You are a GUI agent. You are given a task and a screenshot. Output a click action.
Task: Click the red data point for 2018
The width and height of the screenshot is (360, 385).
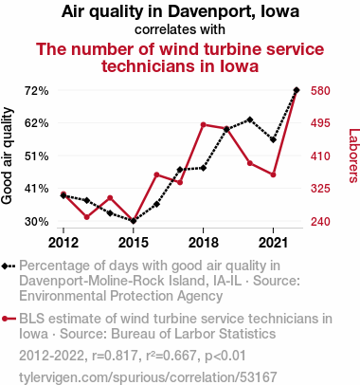[204, 125]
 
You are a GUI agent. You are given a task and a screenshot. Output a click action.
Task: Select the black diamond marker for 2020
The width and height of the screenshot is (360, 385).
[250, 119]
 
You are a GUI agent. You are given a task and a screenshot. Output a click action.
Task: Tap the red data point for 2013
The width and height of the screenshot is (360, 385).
[87, 217]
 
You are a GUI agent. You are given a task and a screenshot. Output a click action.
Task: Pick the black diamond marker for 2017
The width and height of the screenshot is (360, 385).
[180, 170]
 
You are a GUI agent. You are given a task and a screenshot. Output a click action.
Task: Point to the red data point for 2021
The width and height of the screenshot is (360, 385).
[273, 174]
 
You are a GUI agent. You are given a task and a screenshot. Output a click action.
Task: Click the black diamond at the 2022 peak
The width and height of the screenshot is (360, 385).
[297, 90]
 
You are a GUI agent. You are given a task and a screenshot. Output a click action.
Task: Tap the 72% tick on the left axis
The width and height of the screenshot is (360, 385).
[37, 91]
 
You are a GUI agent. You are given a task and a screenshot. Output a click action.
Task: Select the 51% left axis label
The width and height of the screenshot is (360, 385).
[37, 156]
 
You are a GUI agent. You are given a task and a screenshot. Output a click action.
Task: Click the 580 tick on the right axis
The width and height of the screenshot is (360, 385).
[320, 91]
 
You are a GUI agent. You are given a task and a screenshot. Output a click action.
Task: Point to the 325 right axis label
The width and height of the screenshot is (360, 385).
[320, 189]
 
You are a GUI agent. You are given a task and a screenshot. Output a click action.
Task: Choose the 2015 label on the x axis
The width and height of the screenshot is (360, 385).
[134, 243]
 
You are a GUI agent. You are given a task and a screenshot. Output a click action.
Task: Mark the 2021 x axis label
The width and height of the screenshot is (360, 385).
[273, 243]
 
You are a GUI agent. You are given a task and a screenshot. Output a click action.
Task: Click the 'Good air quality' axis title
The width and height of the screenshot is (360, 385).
[7, 156]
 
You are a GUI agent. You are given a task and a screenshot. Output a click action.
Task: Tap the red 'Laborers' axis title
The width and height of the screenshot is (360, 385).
[353, 156]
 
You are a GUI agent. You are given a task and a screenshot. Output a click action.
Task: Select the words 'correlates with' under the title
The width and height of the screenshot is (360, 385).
[180, 29]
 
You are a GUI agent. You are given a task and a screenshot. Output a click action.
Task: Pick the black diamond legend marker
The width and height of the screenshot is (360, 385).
[5, 266]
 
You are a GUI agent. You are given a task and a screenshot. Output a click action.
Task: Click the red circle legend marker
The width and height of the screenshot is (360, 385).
[5, 319]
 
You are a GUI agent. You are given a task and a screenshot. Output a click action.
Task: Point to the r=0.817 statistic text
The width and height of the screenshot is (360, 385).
[115, 356]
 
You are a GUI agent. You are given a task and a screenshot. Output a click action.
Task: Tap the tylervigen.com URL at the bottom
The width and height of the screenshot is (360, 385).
[148, 377]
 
